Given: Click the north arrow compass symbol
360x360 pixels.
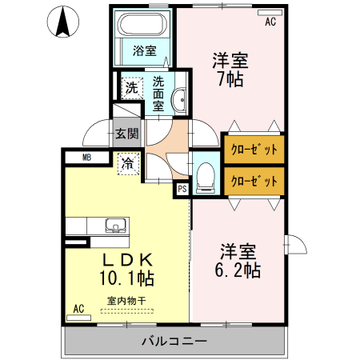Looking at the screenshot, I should click(61, 22).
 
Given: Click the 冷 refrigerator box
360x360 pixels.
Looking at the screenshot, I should click(128, 164).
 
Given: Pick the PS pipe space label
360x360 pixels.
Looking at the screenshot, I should click(182, 189).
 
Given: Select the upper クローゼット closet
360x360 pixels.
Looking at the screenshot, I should click(254, 149).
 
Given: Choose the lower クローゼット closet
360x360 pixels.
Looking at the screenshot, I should click(254, 181).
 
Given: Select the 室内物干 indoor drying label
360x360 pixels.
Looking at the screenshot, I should click(126, 301).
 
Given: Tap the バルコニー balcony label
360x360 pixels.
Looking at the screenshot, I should click(174, 342).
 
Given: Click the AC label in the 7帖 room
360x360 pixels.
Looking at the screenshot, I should click(270, 22).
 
